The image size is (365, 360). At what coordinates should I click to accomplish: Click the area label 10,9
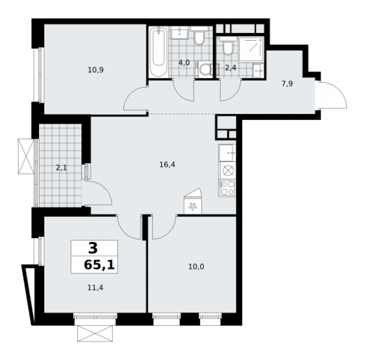96,70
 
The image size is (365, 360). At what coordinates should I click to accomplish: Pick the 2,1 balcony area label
61,165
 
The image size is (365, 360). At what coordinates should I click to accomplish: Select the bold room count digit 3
92,248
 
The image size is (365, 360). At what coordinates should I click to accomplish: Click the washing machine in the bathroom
204,69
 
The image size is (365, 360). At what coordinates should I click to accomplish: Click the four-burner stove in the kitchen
228,188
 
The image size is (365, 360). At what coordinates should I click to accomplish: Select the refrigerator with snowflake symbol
193,206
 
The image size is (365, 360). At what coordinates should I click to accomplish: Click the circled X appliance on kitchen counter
228,171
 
